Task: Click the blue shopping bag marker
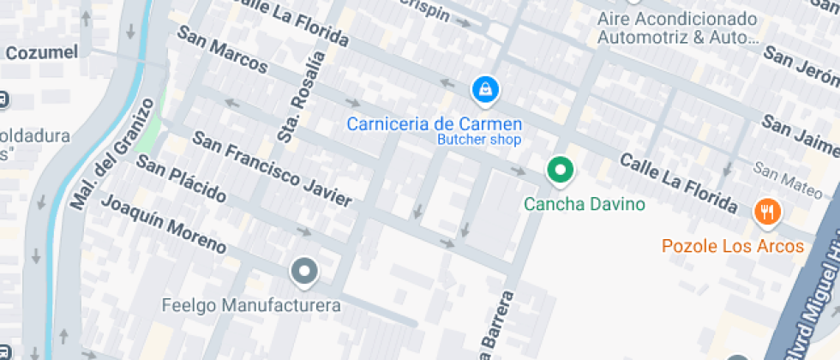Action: click(485, 88)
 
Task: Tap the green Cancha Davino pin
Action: click(561, 171)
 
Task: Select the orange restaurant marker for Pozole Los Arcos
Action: click(766, 211)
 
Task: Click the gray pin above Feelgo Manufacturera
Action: click(304, 273)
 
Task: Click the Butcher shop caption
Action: click(479, 140)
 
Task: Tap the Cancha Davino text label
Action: click(584, 205)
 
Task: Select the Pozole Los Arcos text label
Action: click(733, 247)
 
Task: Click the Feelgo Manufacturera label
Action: click(251, 305)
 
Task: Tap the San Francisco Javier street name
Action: click(271, 169)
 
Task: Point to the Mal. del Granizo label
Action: click(113, 154)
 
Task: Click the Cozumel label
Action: click(41, 52)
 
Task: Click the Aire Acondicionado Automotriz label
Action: click(677, 28)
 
